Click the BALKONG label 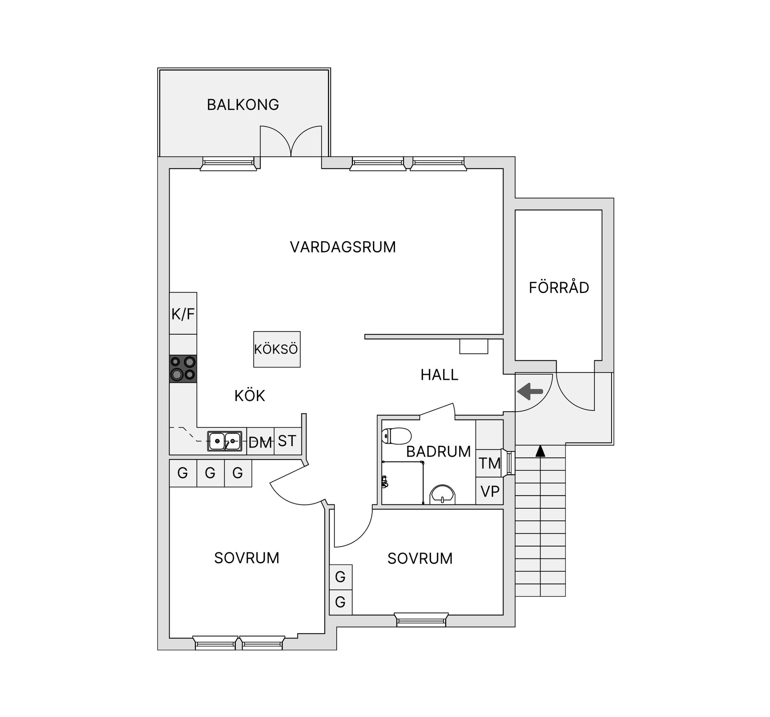(243, 105)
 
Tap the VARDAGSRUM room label (342, 247)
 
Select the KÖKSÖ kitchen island (277, 349)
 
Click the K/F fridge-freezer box (183, 313)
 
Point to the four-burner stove (183, 369)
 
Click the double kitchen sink (225, 441)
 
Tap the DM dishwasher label (260, 443)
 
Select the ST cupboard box (287, 441)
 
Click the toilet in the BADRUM (397, 436)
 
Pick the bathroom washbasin (442, 495)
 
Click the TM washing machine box (489, 463)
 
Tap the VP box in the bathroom (489, 492)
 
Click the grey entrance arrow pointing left (530, 391)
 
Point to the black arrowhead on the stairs (540, 451)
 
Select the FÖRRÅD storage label (559, 288)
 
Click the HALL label (439, 375)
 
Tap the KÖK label (249, 396)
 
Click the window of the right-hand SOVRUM (421, 620)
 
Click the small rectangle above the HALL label (474, 346)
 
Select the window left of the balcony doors (228, 163)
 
